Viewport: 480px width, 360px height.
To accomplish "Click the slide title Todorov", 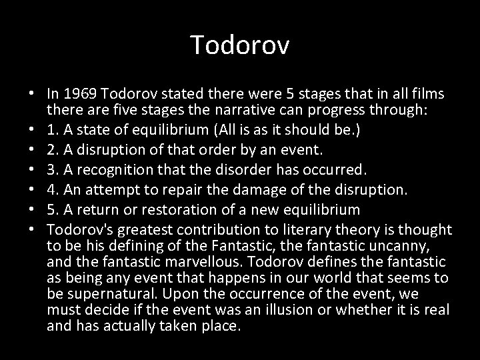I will click(239, 44).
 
